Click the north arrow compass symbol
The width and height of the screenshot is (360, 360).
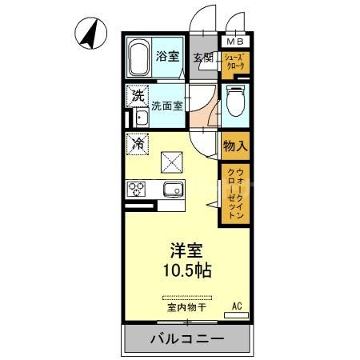92,33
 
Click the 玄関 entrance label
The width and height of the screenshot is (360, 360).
202,58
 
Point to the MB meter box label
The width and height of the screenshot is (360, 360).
235,42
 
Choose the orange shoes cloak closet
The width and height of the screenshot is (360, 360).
234,62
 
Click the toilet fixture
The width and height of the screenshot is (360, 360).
235,103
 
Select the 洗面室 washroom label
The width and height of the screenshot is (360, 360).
168,104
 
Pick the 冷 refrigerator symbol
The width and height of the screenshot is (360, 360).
137,145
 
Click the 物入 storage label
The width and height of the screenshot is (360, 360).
234,146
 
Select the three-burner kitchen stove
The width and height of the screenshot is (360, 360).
137,190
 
